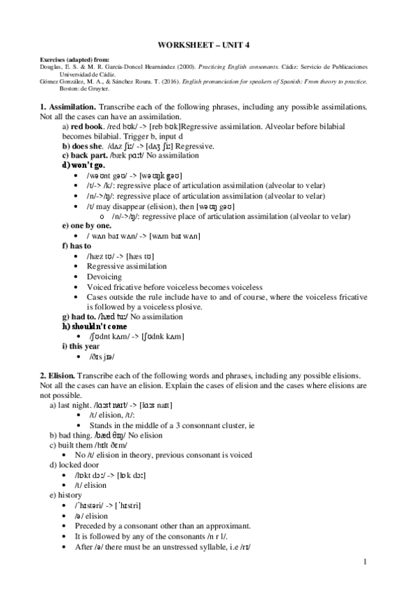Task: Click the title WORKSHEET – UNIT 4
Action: pyautogui.click(x=208, y=45)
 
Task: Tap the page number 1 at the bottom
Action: pyautogui.click(x=375, y=561)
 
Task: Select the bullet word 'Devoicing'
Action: pyautogui.click(x=104, y=277)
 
